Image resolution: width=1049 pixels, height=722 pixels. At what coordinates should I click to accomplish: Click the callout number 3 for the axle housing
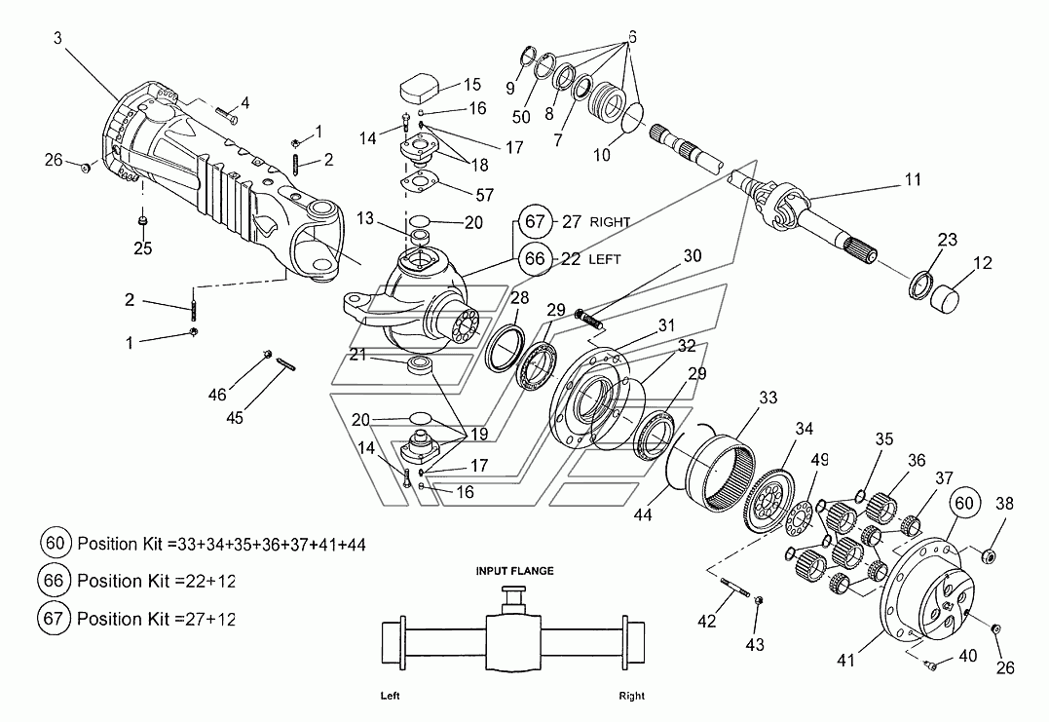[x=57, y=39]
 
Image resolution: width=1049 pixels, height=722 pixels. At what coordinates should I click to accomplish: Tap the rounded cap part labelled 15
[x=419, y=89]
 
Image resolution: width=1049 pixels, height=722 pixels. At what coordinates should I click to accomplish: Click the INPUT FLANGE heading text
[x=514, y=571]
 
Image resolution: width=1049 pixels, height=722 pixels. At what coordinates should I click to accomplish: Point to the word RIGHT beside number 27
[x=610, y=222]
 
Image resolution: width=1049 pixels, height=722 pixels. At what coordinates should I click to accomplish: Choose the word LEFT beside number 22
[x=604, y=259]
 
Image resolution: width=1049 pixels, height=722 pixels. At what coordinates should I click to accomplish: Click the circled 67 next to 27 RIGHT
[x=535, y=221]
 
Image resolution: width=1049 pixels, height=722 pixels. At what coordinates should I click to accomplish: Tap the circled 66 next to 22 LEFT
[x=535, y=258]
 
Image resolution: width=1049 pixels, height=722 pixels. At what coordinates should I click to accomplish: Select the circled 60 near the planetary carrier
[x=964, y=503]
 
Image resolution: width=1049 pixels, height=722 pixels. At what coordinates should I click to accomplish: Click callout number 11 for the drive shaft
[x=913, y=179]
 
